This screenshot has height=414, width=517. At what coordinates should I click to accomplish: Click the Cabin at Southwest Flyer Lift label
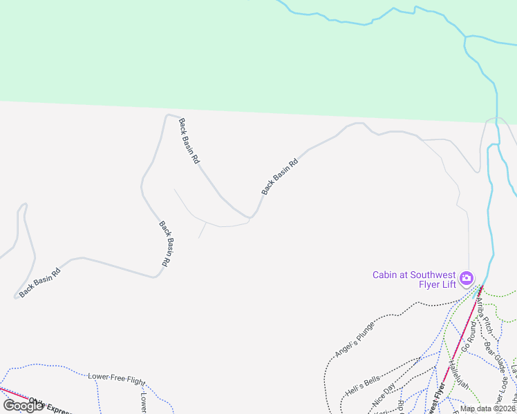(x=414, y=279)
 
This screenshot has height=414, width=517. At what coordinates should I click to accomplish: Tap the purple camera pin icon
(x=467, y=278)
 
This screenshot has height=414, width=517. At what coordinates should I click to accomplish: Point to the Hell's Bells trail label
(x=363, y=387)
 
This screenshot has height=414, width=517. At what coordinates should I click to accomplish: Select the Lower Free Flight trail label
(x=117, y=379)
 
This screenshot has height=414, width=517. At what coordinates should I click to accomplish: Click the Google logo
(x=23, y=406)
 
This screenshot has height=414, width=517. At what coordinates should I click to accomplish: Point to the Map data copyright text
(x=488, y=408)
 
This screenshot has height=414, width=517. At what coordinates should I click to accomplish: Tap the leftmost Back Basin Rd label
(x=44, y=283)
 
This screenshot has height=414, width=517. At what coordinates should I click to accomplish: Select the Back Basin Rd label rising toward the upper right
(x=280, y=177)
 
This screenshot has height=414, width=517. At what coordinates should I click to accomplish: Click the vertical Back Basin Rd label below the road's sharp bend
(x=165, y=244)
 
